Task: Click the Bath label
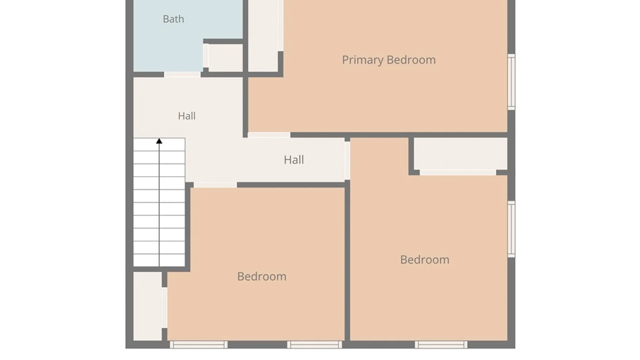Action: coord(173,19)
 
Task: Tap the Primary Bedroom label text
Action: coord(389,60)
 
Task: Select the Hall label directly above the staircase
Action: coord(187,116)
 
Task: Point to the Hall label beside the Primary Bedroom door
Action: coord(294,160)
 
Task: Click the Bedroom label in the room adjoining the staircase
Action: coord(262,276)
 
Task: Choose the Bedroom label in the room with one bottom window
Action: coord(425,260)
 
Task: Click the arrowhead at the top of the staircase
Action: coord(159,141)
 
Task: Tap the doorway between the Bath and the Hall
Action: coord(182,75)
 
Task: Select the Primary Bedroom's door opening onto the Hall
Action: coord(269,135)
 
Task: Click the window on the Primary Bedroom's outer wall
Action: coord(511,82)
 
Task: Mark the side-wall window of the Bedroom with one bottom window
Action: coord(511,229)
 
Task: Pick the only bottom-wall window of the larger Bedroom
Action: coord(441,345)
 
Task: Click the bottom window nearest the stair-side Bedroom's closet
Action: coord(199,345)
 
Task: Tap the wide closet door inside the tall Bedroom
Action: coord(458,172)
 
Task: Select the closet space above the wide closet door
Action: coord(460,154)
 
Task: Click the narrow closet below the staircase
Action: coord(148,306)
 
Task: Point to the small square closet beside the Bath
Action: coord(225,58)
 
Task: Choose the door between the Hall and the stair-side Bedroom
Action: coord(215,185)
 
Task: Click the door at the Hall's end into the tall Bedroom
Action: coord(347,161)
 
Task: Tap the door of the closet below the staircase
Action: coord(165,308)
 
